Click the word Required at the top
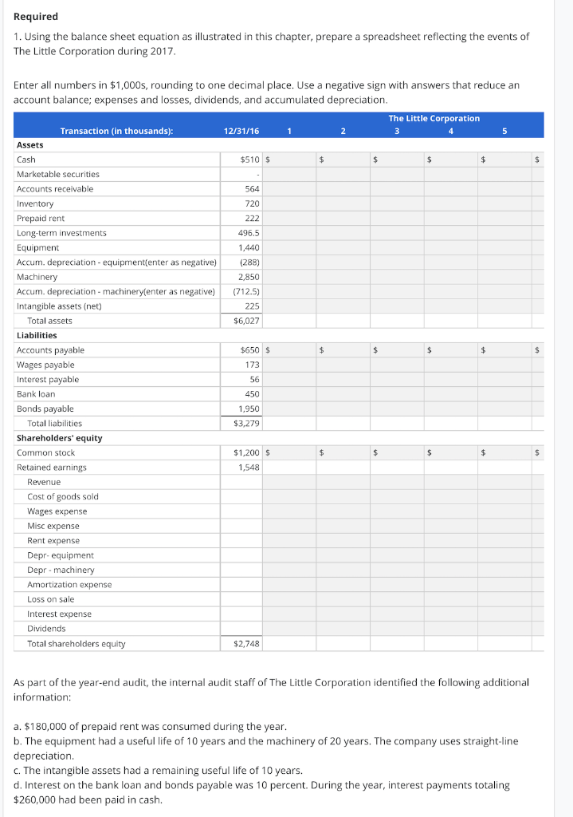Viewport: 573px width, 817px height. pos(36,16)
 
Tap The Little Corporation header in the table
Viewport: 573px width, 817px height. pos(434,118)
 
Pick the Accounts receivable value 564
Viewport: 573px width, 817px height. pos(252,189)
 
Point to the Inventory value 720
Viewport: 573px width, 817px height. pos(252,203)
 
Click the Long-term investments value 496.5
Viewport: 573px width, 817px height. pos(249,233)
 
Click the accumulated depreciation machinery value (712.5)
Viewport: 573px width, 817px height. pos(246,291)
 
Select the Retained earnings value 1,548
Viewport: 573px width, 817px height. pos(249,467)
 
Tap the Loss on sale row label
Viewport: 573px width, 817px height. pos(50,599)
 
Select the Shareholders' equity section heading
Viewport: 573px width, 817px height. pos(59,438)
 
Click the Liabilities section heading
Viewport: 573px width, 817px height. pos(37,335)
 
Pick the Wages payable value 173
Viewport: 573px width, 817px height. pos(252,365)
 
